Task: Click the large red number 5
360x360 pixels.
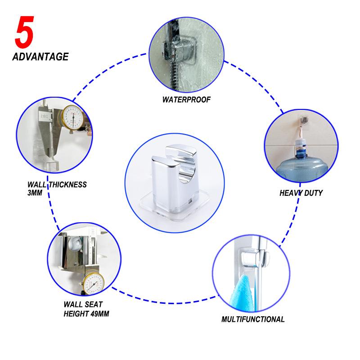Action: [x=25, y=32]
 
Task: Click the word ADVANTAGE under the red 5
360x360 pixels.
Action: [x=40, y=57]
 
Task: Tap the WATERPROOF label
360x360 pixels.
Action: [x=186, y=99]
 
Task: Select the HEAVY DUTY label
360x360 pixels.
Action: [x=301, y=193]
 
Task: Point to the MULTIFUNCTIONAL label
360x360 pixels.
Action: [x=253, y=319]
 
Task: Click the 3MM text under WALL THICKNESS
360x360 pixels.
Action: [x=35, y=193]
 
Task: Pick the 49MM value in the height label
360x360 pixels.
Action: [x=99, y=314]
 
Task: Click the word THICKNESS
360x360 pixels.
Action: [x=67, y=184]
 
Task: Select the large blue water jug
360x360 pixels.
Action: [x=301, y=165]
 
